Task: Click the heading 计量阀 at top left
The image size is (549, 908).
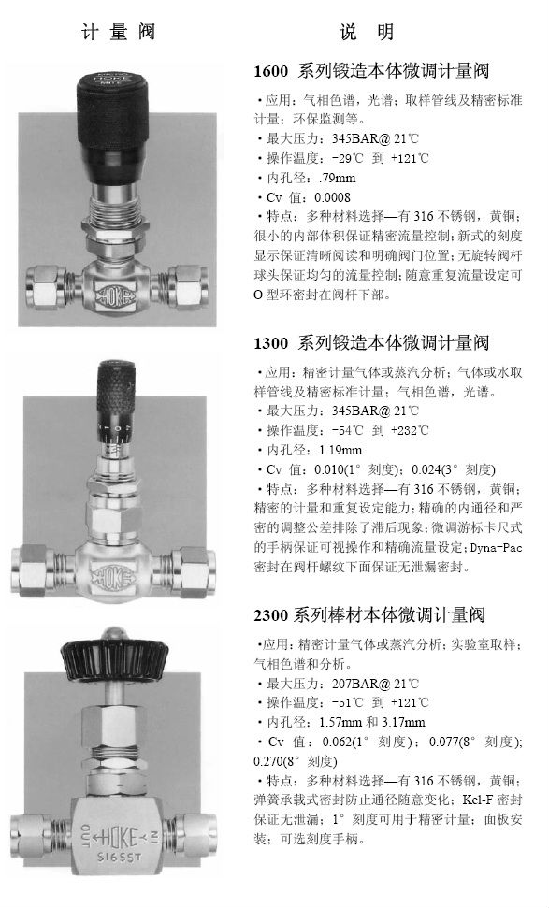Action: point(119,31)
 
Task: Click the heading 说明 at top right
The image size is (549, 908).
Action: point(367,31)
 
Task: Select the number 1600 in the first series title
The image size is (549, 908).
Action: point(271,71)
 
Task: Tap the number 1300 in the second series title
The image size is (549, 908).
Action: point(271,343)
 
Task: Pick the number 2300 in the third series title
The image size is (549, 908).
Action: point(271,615)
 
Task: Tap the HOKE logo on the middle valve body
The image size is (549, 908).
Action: point(115,576)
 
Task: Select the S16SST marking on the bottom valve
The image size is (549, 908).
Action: point(119,858)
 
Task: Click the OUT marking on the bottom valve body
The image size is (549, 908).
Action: point(85,836)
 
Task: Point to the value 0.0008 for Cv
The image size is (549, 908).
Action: point(332,197)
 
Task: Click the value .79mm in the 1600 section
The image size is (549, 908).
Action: point(338,178)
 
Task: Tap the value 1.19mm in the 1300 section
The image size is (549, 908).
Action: point(340,450)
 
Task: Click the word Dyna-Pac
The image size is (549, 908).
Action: point(497,548)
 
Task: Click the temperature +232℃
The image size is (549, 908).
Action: point(410,430)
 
